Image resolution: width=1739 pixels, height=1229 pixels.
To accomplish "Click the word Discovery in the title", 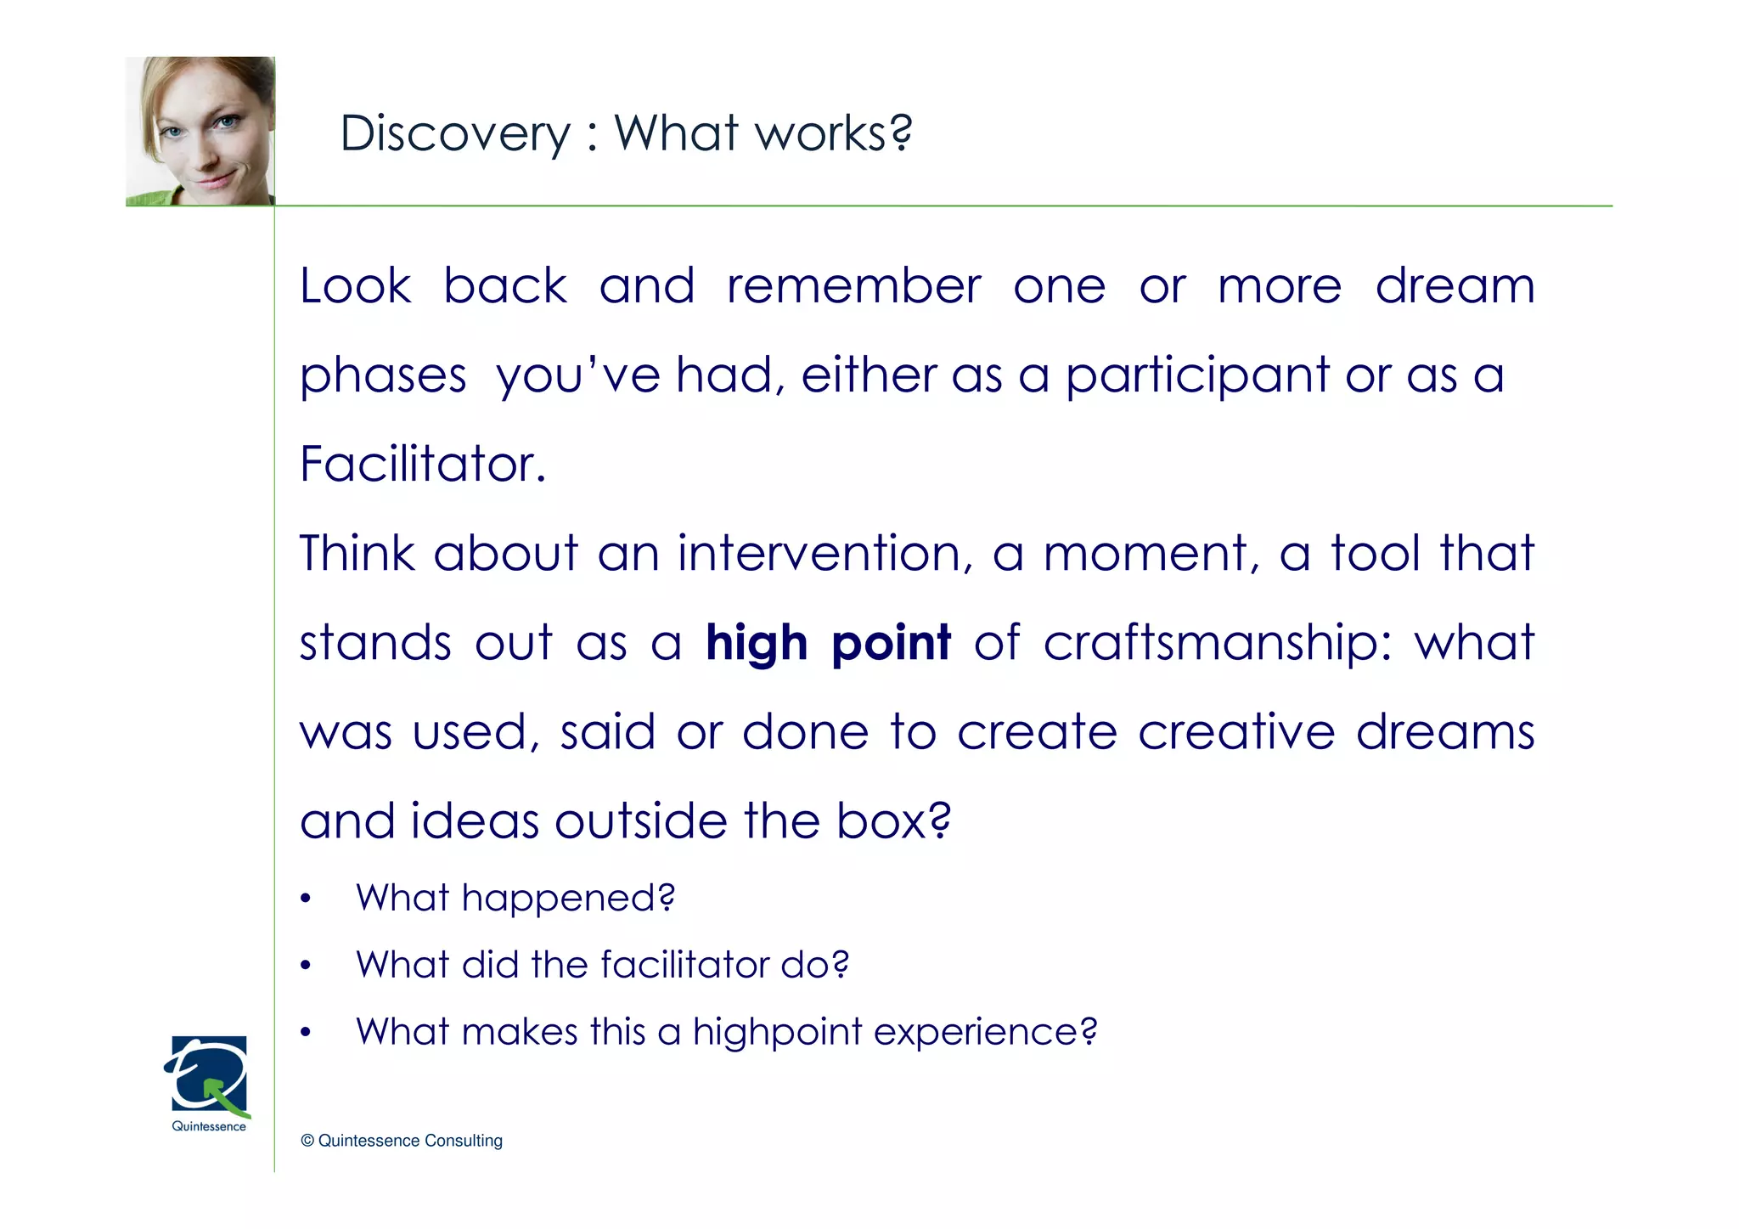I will (x=455, y=134).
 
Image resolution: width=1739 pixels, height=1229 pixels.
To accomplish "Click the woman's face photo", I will (x=200, y=132).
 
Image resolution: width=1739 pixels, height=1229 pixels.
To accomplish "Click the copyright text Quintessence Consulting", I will (x=402, y=1141).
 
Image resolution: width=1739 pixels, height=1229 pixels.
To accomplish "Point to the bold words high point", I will (x=828, y=643).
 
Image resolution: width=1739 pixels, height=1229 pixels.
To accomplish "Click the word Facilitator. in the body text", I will (x=423, y=465).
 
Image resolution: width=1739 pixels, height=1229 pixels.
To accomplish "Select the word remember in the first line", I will (x=853, y=286).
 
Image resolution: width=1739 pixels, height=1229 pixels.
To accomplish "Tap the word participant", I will (x=1197, y=375).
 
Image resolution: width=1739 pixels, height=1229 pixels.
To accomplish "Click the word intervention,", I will (x=824, y=554).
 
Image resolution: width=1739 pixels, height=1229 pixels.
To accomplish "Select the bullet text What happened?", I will (x=515, y=898).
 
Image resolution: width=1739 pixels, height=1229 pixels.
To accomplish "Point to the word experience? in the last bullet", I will (x=985, y=1033).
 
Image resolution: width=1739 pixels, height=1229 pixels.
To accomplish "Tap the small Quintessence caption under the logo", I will (x=209, y=1127).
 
